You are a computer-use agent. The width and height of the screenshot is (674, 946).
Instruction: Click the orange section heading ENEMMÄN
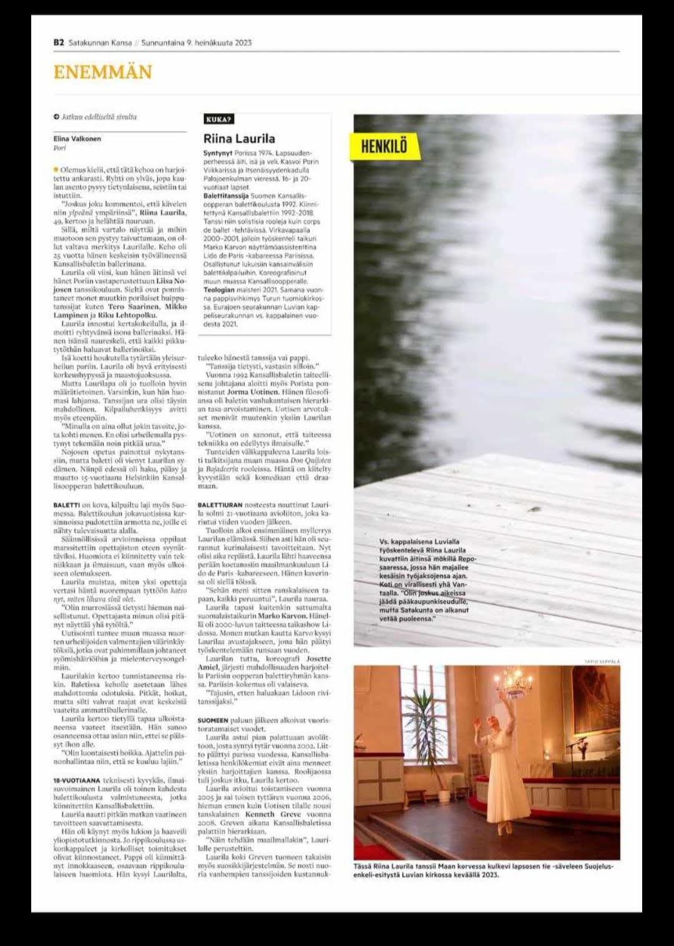102,72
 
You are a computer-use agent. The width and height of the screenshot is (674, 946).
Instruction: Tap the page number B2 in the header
59,43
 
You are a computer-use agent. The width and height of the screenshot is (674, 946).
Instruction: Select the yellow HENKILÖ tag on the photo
384,146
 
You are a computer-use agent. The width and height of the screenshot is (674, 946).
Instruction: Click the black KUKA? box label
218,119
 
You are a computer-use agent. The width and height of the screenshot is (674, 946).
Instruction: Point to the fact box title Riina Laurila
239,139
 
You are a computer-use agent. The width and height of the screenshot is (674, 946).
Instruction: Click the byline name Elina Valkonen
77,139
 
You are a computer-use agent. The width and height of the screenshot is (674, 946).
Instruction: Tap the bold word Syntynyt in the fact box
217,153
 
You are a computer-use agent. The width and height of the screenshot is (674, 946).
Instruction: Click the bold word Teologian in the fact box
218,290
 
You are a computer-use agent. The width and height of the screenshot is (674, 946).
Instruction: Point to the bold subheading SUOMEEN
212,721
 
